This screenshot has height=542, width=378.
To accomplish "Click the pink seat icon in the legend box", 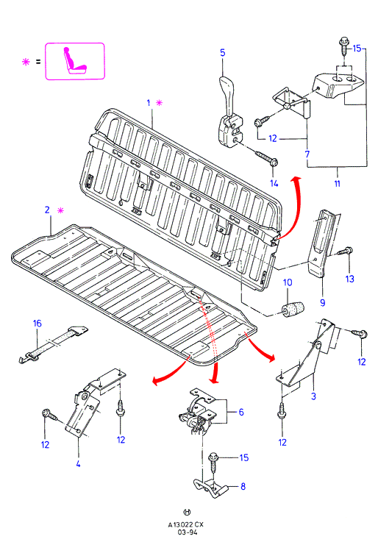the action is [74, 61].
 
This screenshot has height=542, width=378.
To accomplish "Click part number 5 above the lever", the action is [223, 53].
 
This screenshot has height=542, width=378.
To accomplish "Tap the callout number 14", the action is [274, 183].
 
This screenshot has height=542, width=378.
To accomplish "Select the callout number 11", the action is [338, 184].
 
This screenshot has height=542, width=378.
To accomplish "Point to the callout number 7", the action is [307, 154].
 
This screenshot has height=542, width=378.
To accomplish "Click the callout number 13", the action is [349, 279].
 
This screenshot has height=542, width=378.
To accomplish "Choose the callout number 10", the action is [288, 282].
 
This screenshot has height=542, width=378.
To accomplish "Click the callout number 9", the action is [323, 303].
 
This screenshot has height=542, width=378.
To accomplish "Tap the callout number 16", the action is [37, 324].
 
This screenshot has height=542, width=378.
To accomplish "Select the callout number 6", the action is [241, 412].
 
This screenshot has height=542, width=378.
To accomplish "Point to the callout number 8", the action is [243, 486].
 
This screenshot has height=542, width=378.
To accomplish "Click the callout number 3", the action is [313, 396].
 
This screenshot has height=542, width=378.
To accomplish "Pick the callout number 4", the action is [78, 463].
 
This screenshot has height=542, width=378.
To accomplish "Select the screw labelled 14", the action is [267, 157].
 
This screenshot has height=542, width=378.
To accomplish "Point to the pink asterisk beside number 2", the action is [60, 210].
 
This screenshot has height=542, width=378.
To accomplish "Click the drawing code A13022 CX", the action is [186, 524].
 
